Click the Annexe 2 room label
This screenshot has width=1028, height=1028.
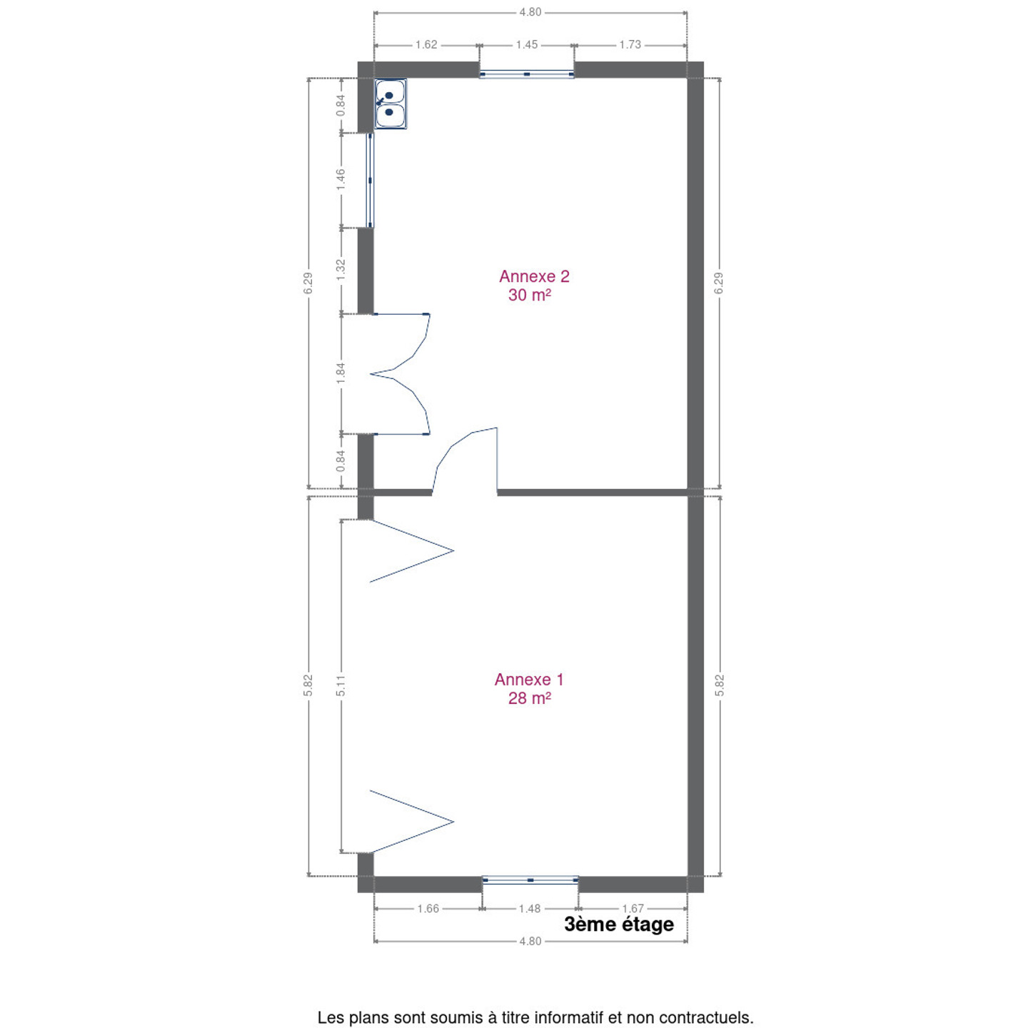click(x=533, y=276)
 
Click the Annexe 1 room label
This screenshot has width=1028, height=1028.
click(x=528, y=679)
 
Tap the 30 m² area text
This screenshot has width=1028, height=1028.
click(x=529, y=294)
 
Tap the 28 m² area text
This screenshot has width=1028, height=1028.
click(x=529, y=697)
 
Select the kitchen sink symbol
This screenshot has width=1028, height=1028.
click(x=390, y=104)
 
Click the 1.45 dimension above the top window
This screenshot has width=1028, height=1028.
click(x=526, y=45)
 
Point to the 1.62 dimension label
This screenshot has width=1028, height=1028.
click(x=425, y=45)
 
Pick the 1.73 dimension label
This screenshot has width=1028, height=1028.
click(x=630, y=45)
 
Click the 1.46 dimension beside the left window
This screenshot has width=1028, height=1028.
click(x=341, y=179)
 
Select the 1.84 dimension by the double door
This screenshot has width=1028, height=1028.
click(x=341, y=373)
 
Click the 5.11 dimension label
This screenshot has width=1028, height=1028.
click(x=341, y=685)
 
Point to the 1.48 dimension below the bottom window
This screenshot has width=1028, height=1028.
click(x=529, y=909)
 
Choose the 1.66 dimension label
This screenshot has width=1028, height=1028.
click(x=428, y=909)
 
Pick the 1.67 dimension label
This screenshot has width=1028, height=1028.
click(x=633, y=909)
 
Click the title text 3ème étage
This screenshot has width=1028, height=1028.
click(x=619, y=924)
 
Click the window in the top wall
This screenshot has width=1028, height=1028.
click(x=527, y=74)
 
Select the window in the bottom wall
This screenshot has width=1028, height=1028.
click(x=530, y=880)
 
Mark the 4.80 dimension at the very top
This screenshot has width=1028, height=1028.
click(x=530, y=12)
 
